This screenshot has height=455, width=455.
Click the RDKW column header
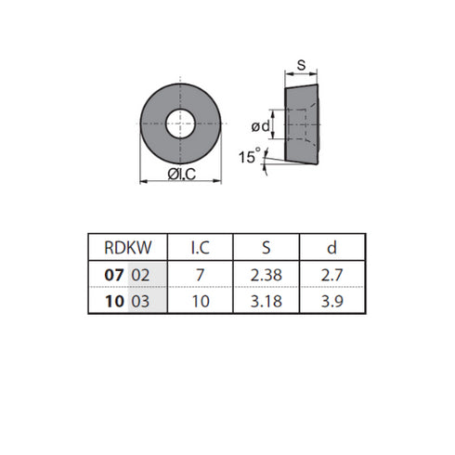click(128, 248)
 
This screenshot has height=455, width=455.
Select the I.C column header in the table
click(201, 248)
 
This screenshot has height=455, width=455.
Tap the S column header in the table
click(266, 248)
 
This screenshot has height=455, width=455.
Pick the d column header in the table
click(331, 248)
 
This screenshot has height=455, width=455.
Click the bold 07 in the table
click(114, 275)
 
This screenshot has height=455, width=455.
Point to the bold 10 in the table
click(114, 301)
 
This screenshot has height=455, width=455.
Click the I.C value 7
click(201, 275)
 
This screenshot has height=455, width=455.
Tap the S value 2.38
click(266, 275)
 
